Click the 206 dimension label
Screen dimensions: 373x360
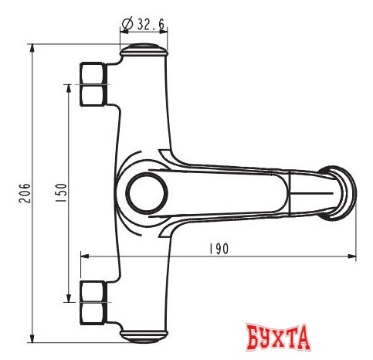[25, 193]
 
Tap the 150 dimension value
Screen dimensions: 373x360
[62, 192]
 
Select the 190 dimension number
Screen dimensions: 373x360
[219, 249]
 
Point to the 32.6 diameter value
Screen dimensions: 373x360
[151, 24]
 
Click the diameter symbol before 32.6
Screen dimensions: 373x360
[127, 24]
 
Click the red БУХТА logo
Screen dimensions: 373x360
[278, 338]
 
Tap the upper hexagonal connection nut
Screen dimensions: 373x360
[93, 84]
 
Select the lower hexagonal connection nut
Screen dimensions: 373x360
[93, 302]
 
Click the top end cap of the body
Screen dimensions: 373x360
[144, 50]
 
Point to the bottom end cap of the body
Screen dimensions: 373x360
[144, 336]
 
